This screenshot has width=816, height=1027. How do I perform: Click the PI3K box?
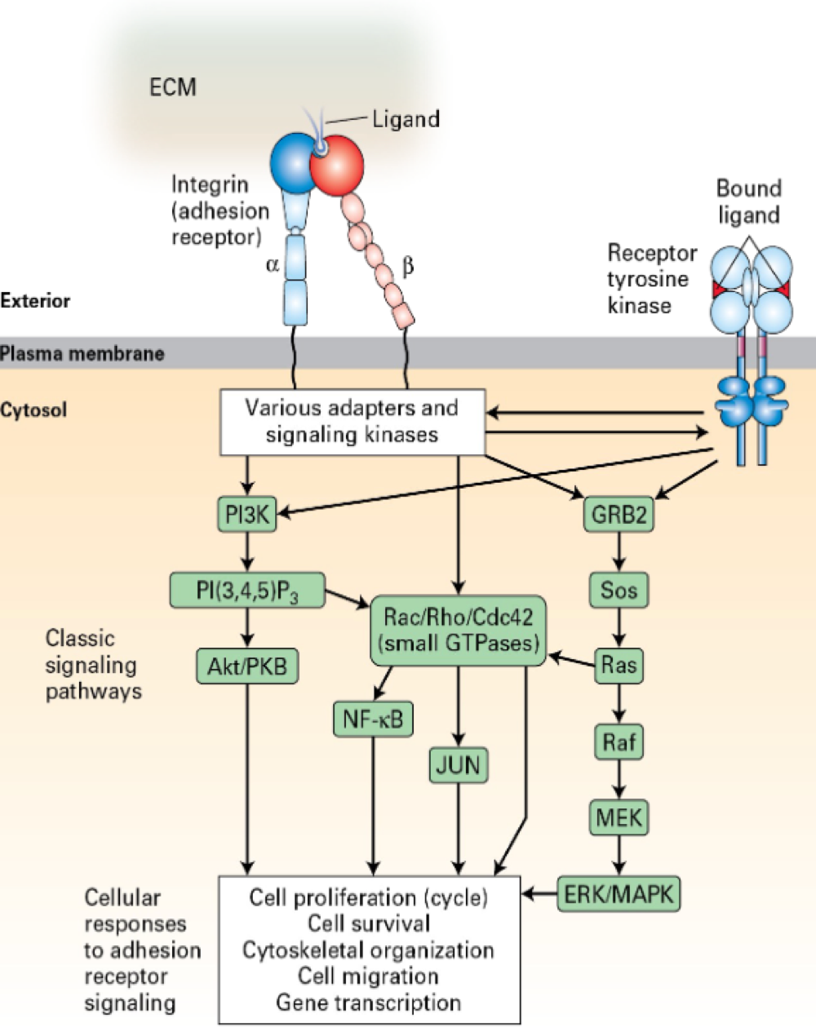click(x=248, y=515)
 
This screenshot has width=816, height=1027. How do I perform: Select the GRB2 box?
click(x=619, y=515)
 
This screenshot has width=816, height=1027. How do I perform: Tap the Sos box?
click(x=619, y=589)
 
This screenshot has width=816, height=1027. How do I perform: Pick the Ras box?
click(x=619, y=666)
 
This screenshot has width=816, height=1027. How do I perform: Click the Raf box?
click(x=619, y=742)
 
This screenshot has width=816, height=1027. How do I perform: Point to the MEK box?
click(x=619, y=817)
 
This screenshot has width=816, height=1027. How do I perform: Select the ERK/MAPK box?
click(x=619, y=894)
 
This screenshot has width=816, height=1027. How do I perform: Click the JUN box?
click(x=459, y=765)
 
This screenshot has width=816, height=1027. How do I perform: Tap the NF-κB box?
click(x=373, y=719)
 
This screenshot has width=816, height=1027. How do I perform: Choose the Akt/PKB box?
click(x=247, y=666)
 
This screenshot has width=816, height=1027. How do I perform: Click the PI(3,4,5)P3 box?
click(x=247, y=590)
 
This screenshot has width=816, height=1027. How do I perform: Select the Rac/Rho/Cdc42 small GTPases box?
click(x=459, y=630)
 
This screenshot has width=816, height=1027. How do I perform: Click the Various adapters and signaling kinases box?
click(x=353, y=421)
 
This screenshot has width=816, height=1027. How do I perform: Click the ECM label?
click(x=173, y=87)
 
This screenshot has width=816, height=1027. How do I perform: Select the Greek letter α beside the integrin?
click(x=273, y=265)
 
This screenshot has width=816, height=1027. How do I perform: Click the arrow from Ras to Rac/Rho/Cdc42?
click(x=571, y=659)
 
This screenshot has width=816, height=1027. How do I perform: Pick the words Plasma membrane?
click(x=82, y=354)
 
